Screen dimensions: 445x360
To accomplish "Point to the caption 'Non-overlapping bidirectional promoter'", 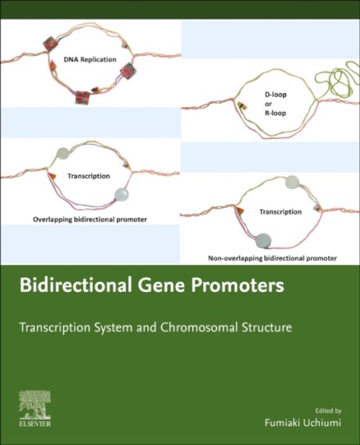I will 272,258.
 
